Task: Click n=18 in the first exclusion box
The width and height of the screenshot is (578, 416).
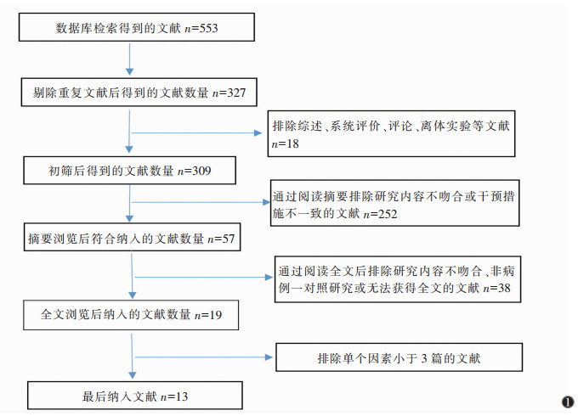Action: click(x=286, y=144)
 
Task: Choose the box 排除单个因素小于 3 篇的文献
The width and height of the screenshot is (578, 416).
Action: click(x=398, y=358)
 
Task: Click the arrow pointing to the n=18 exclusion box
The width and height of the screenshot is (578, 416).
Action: click(x=259, y=132)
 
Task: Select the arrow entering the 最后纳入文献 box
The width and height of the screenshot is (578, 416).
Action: click(x=130, y=374)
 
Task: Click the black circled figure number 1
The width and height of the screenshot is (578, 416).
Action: click(x=567, y=402)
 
